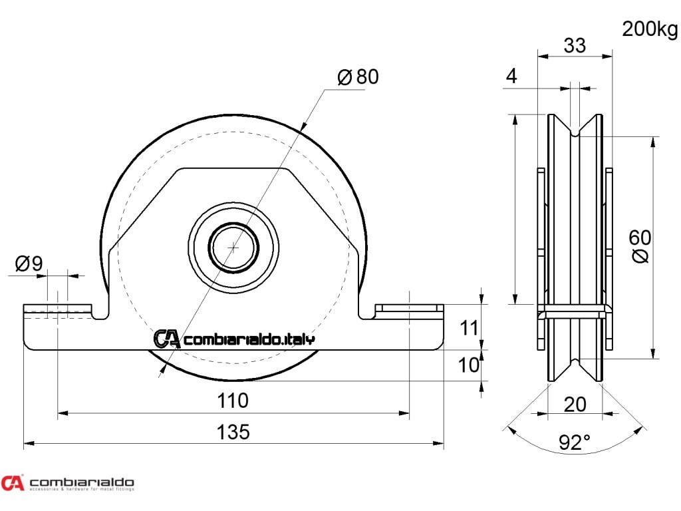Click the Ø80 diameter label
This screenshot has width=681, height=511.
358,77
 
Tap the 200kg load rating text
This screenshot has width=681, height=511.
650,29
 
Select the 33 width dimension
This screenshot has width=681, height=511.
575,45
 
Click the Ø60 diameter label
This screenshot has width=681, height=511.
640,246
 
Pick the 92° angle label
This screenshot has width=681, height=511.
575,442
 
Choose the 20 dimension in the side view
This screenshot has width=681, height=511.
575,404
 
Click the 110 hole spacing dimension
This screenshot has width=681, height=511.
233,401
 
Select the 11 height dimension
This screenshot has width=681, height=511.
470,327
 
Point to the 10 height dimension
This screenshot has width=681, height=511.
470,364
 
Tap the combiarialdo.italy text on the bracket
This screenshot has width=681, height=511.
249,339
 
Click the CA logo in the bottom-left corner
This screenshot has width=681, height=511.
12,482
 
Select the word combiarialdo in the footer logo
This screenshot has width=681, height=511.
82,481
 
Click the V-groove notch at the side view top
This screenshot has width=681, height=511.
575,130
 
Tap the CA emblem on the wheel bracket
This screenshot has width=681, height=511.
166,339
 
